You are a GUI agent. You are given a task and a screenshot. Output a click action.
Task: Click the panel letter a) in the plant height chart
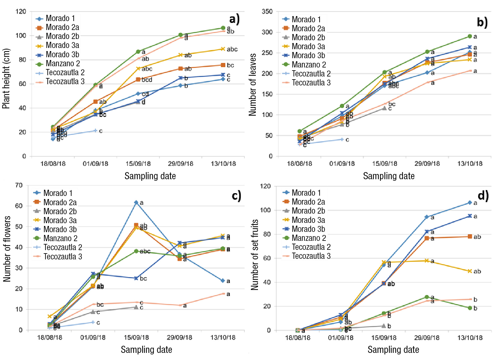(234, 19)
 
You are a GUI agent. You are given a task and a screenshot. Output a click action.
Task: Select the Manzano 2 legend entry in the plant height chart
(63, 64)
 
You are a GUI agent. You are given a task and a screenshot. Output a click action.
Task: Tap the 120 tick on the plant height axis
(21, 11)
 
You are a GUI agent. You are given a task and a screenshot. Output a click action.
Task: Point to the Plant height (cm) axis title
(6, 79)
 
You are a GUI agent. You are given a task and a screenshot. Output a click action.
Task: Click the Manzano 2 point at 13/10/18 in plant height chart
(223, 28)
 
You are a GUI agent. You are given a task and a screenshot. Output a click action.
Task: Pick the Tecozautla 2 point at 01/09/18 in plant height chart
(95, 131)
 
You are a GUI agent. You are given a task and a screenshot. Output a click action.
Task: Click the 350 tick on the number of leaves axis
(267, 11)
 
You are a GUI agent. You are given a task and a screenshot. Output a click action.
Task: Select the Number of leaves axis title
(252, 85)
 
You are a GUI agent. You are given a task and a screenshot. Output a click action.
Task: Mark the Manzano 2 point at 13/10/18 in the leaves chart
(470, 36)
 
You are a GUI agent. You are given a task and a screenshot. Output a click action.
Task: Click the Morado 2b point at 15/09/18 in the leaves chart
(384, 108)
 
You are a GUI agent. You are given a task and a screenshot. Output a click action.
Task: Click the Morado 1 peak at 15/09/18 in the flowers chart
(136, 202)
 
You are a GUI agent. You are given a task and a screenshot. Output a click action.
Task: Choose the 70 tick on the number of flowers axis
(19, 185)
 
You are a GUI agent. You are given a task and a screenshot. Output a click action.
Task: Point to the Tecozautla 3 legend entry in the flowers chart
(63, 257)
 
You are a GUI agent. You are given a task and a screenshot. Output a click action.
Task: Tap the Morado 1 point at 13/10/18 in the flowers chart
(222, 281)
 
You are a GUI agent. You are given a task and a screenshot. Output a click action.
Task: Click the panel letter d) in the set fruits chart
(483, 196)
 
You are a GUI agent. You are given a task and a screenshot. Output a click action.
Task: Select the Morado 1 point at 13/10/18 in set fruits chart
(470, 203)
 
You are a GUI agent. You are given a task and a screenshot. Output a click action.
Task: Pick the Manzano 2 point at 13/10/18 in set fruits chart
(470, 308)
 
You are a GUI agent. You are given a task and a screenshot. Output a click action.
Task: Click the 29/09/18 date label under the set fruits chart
(427, 338)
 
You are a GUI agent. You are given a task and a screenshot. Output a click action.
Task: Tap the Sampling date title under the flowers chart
(146, 350)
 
